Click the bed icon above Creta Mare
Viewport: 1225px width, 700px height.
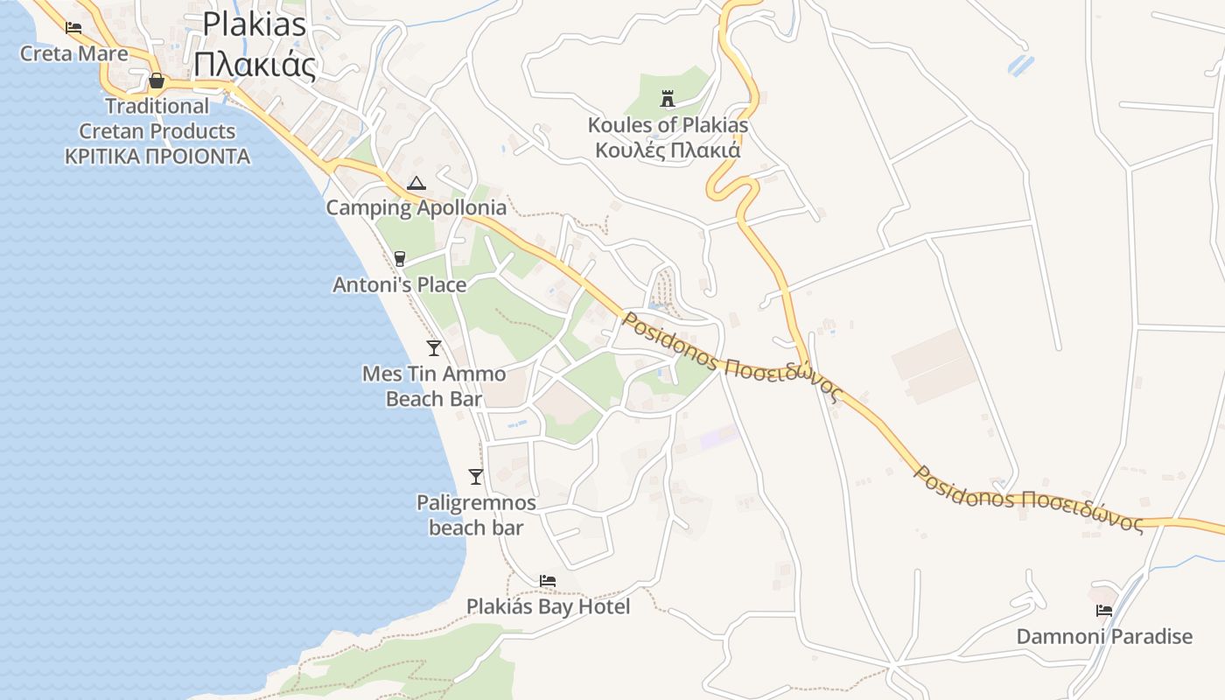(x=73, y=28)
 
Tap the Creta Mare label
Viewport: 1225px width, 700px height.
(x=73, y=53)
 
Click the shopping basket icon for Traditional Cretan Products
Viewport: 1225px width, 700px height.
(x=157, y=81)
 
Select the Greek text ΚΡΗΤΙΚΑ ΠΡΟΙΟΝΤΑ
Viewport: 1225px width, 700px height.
(x=157, y=157)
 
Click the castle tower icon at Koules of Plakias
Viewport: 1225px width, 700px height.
(x=668, y=98)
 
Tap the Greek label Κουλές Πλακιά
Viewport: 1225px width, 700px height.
(x=668, y=150)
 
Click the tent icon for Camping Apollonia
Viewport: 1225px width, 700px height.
(x=416, y=183)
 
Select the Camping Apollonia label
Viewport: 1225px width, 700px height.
(x=416, y=207)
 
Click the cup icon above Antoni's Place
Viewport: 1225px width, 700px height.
(x=400, y=258)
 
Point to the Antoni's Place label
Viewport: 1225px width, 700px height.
(x=400, y=284)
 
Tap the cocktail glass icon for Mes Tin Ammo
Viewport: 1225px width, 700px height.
(x=434, y=347)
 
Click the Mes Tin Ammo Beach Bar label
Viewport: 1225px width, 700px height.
(x=434, y=386)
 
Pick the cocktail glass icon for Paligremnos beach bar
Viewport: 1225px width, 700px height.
(x=476, y=477)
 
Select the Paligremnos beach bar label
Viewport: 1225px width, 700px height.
(x=476, y=514)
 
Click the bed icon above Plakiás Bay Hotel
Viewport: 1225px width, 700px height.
(x=548, y=580)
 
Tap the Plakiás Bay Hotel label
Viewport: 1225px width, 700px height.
(x=548, y=606)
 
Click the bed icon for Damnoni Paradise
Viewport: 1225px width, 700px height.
(x=1104, y=611)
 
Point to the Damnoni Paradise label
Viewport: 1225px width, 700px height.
(x=1104, y=636)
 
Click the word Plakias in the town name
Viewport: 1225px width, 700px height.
(x=255, y=24)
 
